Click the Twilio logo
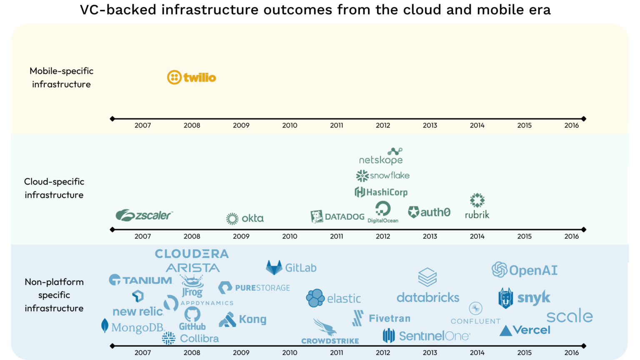191,77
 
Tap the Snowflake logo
382,176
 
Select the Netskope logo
381,157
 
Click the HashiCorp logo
381,192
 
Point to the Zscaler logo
144,215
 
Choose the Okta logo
245,218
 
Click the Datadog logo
337,217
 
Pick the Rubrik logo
477,206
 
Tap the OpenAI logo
524,270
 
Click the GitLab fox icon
274,267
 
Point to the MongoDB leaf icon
105,326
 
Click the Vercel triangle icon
505,331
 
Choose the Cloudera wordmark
192,254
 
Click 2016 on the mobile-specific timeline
571,125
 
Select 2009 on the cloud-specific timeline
241,236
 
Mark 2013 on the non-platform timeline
430,352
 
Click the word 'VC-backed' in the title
118,10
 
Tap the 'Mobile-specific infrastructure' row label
61,77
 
